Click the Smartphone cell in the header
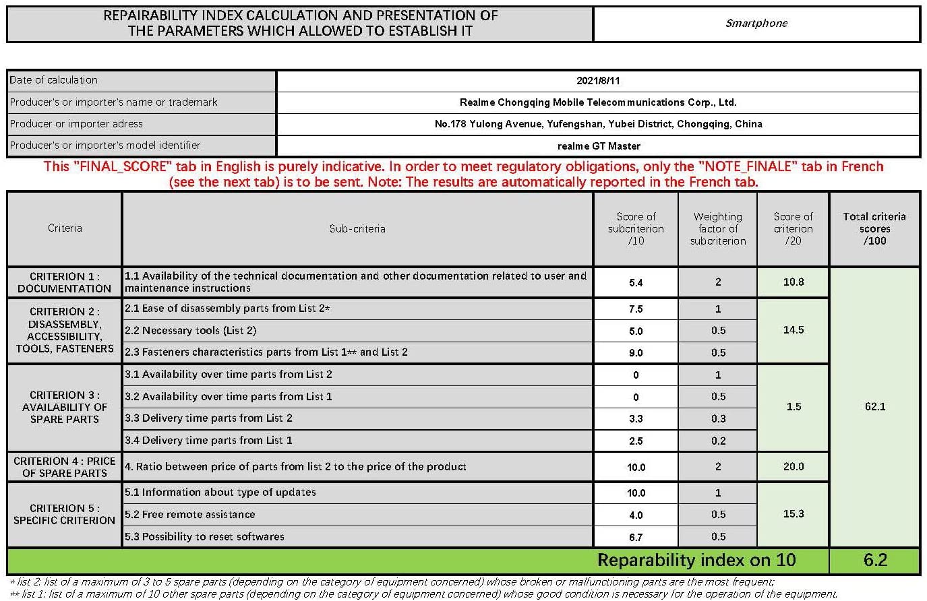coord(756,23)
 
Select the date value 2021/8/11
coord(598,80)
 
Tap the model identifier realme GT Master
coord(598,146)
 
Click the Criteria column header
coord(65,228)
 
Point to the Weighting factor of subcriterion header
coord(718,228)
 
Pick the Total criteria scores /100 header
coord(874,228)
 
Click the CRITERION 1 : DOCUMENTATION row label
coord(65,282)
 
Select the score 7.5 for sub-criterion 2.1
coord(636,309)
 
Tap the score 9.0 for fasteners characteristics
coord(636,352)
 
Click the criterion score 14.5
coord(794,330)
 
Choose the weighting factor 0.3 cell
coord(718,418)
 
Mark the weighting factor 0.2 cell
coord(718,441)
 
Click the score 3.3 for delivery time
coord(636,418)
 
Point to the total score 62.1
coord(874,407)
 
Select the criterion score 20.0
coord(794,466)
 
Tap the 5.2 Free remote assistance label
coord(190,515)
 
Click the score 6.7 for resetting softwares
coord(636,537)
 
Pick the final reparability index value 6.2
coord(875,561)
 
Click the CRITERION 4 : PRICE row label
coord(65,467)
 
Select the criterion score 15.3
coord(794,514)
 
